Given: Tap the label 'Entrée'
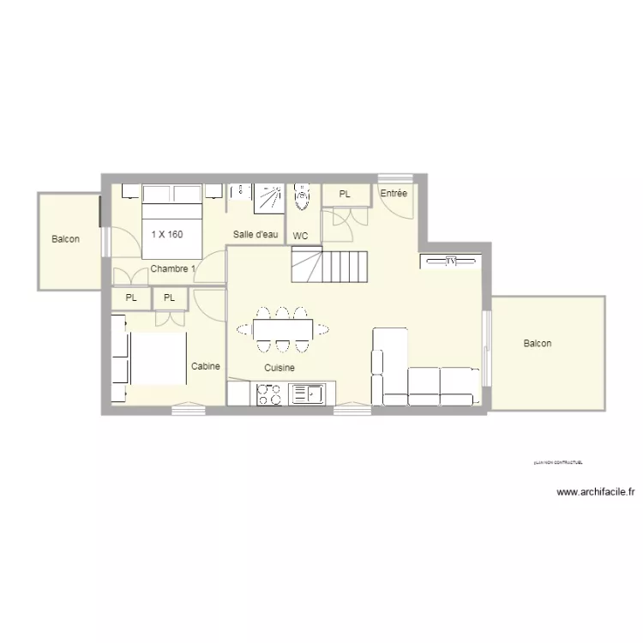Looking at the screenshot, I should tap(394, 194).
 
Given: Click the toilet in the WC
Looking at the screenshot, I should tap(301, 198).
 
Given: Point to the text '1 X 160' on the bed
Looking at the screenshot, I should tap(166, 233).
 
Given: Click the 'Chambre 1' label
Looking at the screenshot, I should tap(172, 268).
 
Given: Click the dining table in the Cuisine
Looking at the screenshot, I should tap(282, 328).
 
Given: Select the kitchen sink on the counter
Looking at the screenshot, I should tap(306, 394).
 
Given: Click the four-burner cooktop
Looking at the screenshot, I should tap(269, 394).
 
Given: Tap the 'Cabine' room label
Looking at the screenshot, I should tap(206, 366).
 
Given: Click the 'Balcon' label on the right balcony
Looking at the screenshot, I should tap(538, 344).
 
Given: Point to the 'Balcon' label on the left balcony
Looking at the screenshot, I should tap(65, 239).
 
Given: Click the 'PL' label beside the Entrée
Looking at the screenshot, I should tap(345, 195).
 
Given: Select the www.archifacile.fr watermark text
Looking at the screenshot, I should tap(596, 492).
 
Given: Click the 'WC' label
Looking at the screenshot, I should tap(301, 236).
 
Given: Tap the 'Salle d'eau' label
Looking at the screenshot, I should tap(255, 234).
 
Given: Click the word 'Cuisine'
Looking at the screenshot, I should tap(279, 368).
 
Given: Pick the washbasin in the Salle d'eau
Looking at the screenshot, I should tap(240, 194).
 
